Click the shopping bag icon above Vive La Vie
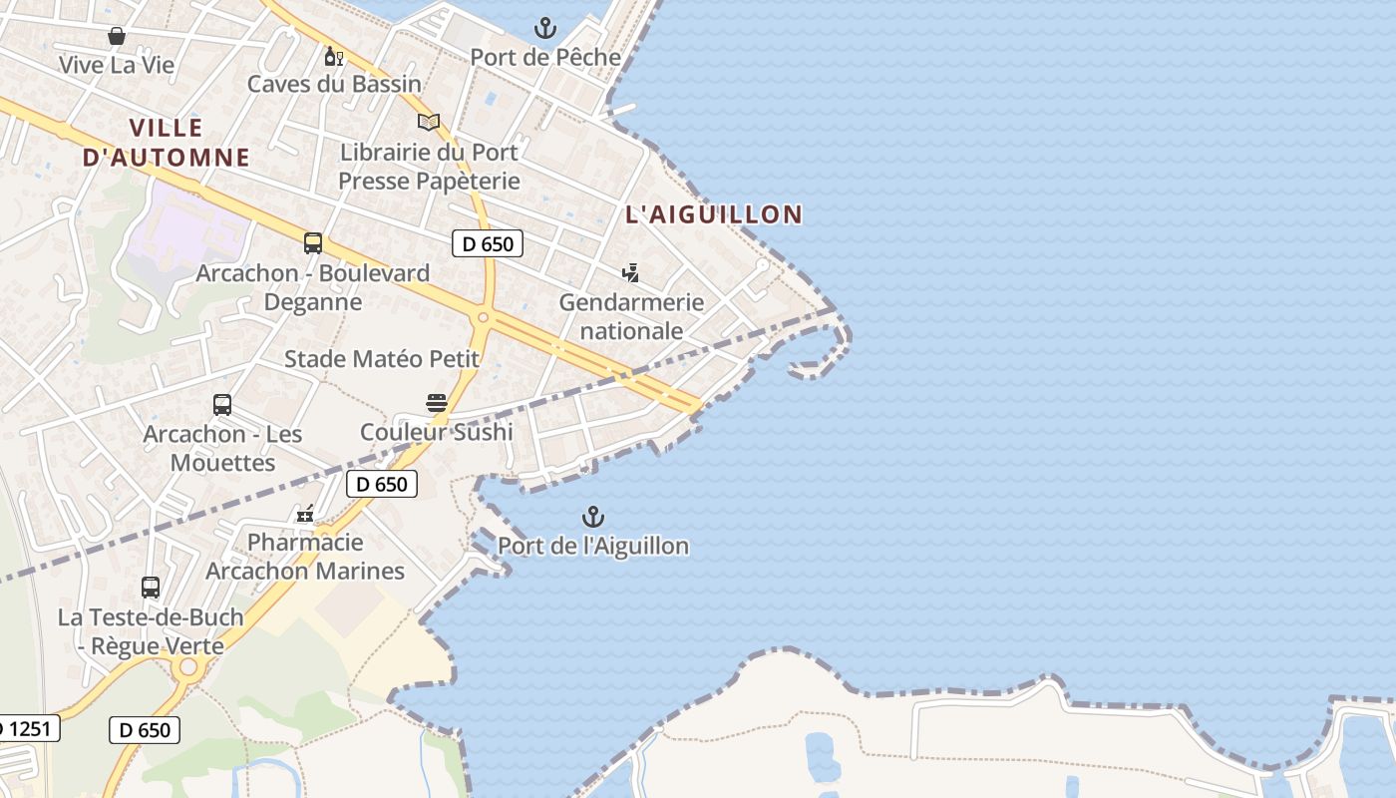[x=117, y=37]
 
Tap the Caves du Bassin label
[x=334, y=84]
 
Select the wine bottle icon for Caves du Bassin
[x=334, y=57]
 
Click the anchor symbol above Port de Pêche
[x=544, y=28]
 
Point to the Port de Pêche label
[x=545, y=57]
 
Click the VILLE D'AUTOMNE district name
[x=167, y=143]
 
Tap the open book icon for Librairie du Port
[x=429, y=122]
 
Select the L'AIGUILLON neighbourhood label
[x=714, y=214]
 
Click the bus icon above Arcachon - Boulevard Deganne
[x=313, y=243]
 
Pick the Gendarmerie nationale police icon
[x=630, y=272]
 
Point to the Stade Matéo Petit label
[x=382, y=359]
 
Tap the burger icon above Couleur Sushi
[x=437, y=403]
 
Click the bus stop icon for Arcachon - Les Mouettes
[x=222, y=405]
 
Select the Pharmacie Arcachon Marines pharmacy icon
[x=305, y=514]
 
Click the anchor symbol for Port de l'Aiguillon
[x=593, y=517]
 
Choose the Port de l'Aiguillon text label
[x=593, y=546]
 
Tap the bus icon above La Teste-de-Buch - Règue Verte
[x=151, y=588]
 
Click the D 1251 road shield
[x=28, y=728]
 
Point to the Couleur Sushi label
[x=437, y=432]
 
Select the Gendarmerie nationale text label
[x=631, y=316]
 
